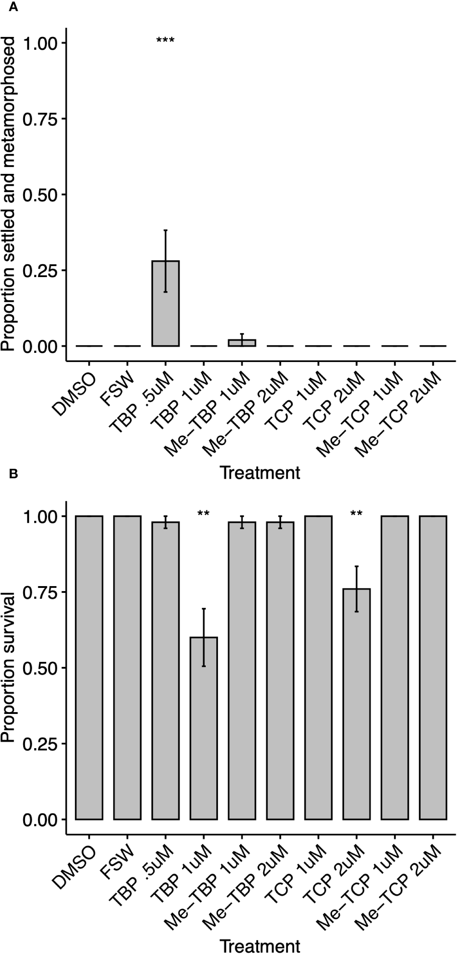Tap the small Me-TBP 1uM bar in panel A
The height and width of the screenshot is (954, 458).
[x=242, y=343]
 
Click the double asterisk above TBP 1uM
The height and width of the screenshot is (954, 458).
[x=203, y=514]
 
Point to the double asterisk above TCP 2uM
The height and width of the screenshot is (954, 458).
[x=356, y=514]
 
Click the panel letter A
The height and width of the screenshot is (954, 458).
[x=13, y=8]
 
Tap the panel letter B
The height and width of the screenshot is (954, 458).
[x=13, y=475]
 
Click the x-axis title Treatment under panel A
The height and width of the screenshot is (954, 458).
[x=260, y=472]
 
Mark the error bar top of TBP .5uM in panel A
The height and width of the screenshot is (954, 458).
[x=165, y=230]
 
